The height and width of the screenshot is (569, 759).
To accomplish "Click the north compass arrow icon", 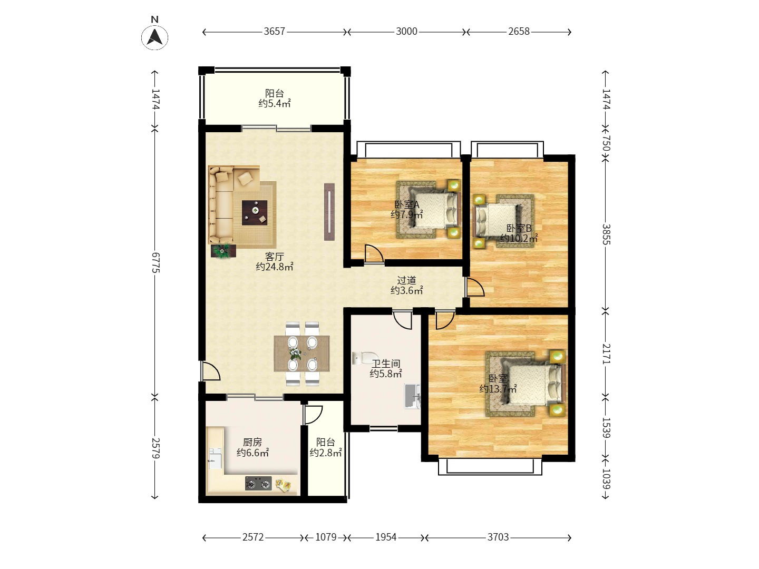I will [154, 37].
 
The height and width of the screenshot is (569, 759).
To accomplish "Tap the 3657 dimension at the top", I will [274, 32].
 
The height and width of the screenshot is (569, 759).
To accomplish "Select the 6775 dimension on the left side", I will [155, 262].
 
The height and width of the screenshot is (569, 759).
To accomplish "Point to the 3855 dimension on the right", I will [606, 233].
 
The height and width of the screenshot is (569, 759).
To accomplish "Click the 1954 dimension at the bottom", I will [386, 537].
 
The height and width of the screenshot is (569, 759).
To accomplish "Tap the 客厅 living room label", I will [274, 257].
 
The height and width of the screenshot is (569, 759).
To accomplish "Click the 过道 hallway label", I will [406, 281].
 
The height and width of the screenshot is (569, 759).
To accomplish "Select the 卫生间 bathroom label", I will [386, 364].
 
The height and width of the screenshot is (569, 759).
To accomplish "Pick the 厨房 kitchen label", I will [252, 443].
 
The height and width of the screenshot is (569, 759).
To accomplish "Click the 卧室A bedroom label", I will [406, 205].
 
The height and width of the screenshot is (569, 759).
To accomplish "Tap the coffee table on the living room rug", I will [255, 213].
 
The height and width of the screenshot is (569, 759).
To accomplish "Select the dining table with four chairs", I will [301, 354].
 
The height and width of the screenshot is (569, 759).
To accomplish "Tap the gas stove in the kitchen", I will [258, 483].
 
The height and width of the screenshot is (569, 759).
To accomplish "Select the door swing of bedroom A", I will [374, 254].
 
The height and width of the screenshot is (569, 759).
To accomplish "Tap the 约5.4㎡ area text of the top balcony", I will [274, 104].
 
